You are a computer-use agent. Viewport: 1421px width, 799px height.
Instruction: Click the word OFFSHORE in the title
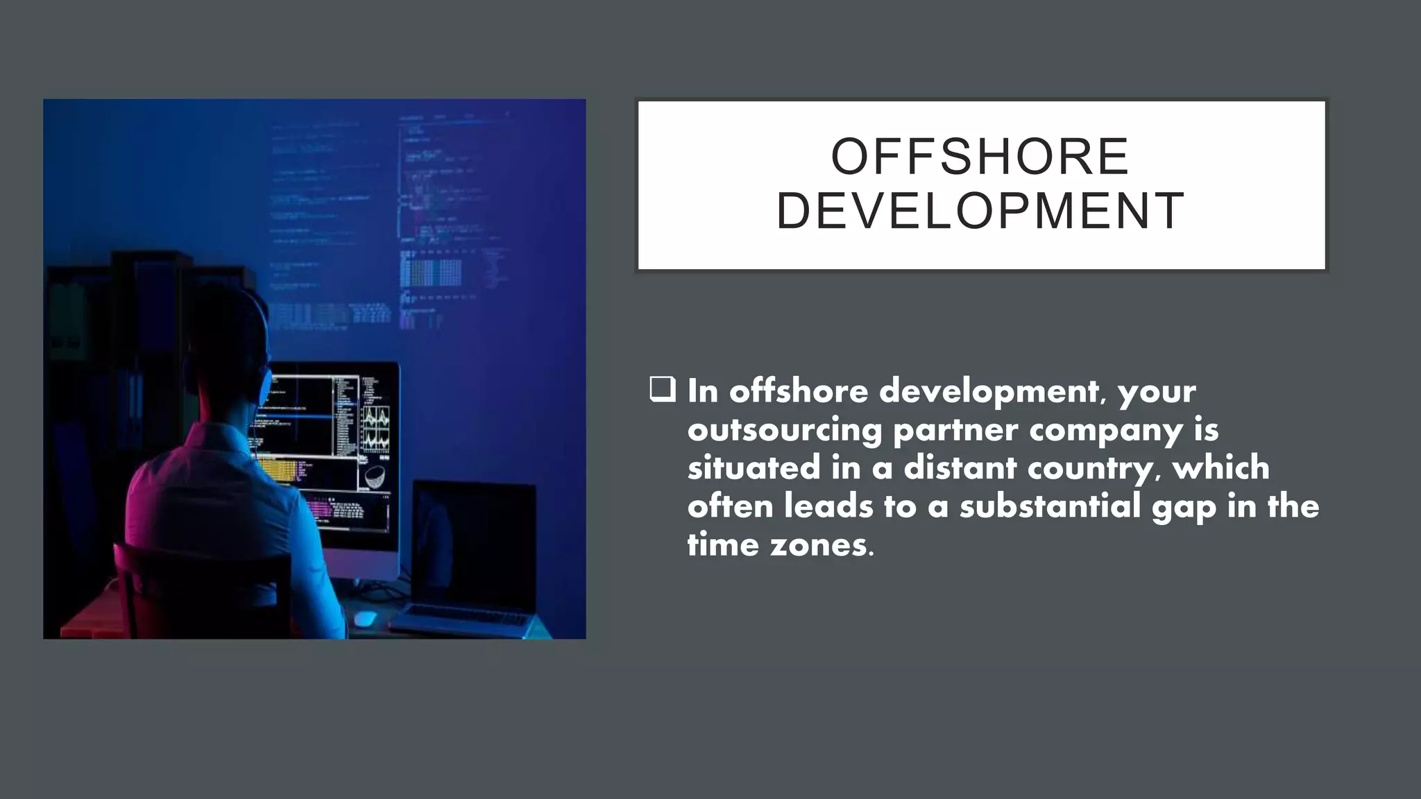click(x=980, y=157)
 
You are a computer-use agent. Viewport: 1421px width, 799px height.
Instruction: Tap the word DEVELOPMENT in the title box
click(x=980, y=211)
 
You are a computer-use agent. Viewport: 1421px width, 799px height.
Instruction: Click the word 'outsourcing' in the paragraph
click(x=785, y=430)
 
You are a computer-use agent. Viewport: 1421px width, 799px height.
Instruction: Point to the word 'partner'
click(x=955, y=430)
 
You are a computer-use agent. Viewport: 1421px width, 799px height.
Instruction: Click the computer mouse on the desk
click(x=364, y=617)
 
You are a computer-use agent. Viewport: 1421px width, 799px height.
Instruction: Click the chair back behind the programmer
click(x=201, y=590)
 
